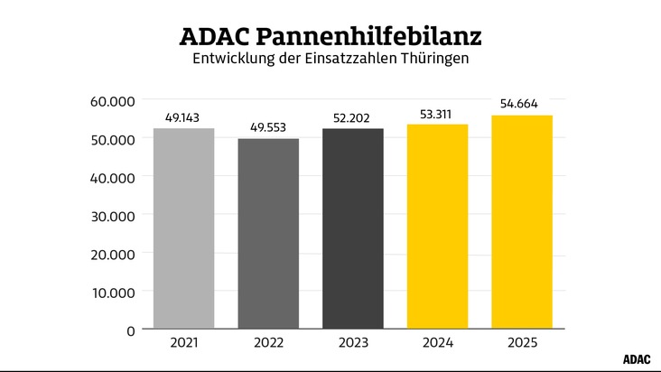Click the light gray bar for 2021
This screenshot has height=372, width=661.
(183, 228)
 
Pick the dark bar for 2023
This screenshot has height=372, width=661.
(353, 228)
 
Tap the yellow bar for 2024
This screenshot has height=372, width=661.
(437, 226)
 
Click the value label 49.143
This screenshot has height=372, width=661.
(183, 117)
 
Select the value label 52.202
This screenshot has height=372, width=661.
(353, 117)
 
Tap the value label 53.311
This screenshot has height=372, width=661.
(437, 113)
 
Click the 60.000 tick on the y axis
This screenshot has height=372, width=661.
(113, 100)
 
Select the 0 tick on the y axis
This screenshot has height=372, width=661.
(131, 330)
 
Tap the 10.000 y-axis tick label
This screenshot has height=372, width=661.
(113, 292)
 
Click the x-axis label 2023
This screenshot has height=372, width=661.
(353, 343)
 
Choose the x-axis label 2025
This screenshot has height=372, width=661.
(522, 343)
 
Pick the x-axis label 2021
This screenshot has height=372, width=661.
(183, 343)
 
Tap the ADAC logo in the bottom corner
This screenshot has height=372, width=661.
(638, 358)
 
